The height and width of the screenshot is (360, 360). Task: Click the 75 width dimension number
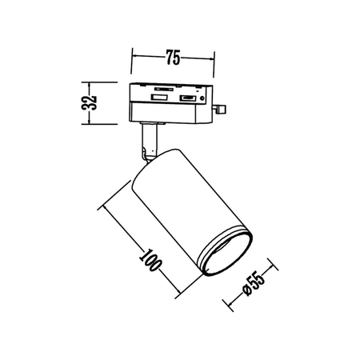pos(173,57)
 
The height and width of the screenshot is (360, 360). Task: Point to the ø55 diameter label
pos(252,284)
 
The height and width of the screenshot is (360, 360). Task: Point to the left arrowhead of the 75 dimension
pos(133,58)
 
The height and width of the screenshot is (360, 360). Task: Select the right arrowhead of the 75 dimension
pos(212,58)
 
